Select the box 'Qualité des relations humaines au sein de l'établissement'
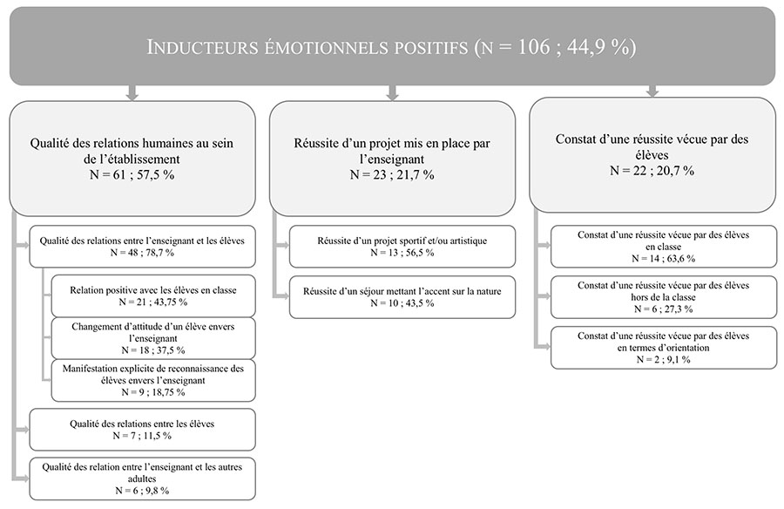(x=132, y=159)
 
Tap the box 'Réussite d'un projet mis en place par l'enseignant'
(x=392, y=159)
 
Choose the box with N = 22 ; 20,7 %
(x=652, y=154)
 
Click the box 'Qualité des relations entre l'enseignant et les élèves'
(x=143, y=247)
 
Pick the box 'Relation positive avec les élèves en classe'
(x=153, y=295)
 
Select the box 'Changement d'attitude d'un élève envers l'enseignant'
(x=153, y=338)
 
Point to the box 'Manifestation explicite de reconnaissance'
(x=153, y=380)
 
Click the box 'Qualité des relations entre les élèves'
(x=143, y=430)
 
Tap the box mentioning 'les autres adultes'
(x=143, y=478)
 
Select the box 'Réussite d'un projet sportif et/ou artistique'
(x=402, y=247)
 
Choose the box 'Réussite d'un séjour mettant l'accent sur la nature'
(x=402, y=297)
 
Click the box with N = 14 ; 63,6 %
(x=664, y=247)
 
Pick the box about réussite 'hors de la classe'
(x=664, y=297)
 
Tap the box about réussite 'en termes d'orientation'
(x=664, y=348)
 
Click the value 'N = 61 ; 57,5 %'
(x=132, y=174)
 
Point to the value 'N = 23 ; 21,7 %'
(x=392, y=174)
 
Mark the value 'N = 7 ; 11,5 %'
(x=142, y=436)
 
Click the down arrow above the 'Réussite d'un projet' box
(x=393, y=92)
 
